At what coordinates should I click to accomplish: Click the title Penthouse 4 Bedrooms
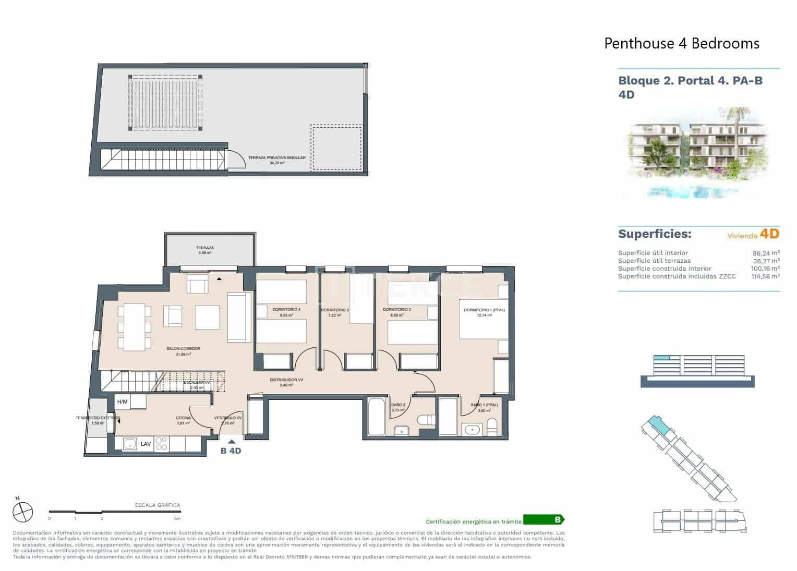click(681, 43)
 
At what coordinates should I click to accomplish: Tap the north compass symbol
click(23, 511)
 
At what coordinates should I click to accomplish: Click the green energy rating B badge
click(544, 520)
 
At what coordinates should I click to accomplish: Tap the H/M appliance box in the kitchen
click(123, 402)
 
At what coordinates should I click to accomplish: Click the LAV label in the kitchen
click(146, 444)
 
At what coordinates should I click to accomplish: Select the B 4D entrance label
click(231, 451)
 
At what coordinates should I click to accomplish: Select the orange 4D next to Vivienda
click(769, 234)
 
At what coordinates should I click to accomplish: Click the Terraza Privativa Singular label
click(276, 157)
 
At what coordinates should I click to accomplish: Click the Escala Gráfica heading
click(157, 505)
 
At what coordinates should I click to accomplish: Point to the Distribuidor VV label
click(286, 380)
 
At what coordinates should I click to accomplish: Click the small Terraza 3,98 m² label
click(205, 248)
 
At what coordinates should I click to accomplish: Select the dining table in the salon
click(134, 327)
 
